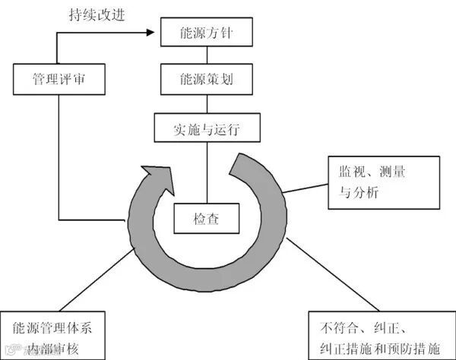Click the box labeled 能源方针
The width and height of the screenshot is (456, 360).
[x=204, y=33]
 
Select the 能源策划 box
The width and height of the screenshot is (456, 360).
[x=204, y=77]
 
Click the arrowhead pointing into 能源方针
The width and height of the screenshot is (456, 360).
[x=156, y=33]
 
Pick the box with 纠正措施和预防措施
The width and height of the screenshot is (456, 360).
[x=381, y=335]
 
